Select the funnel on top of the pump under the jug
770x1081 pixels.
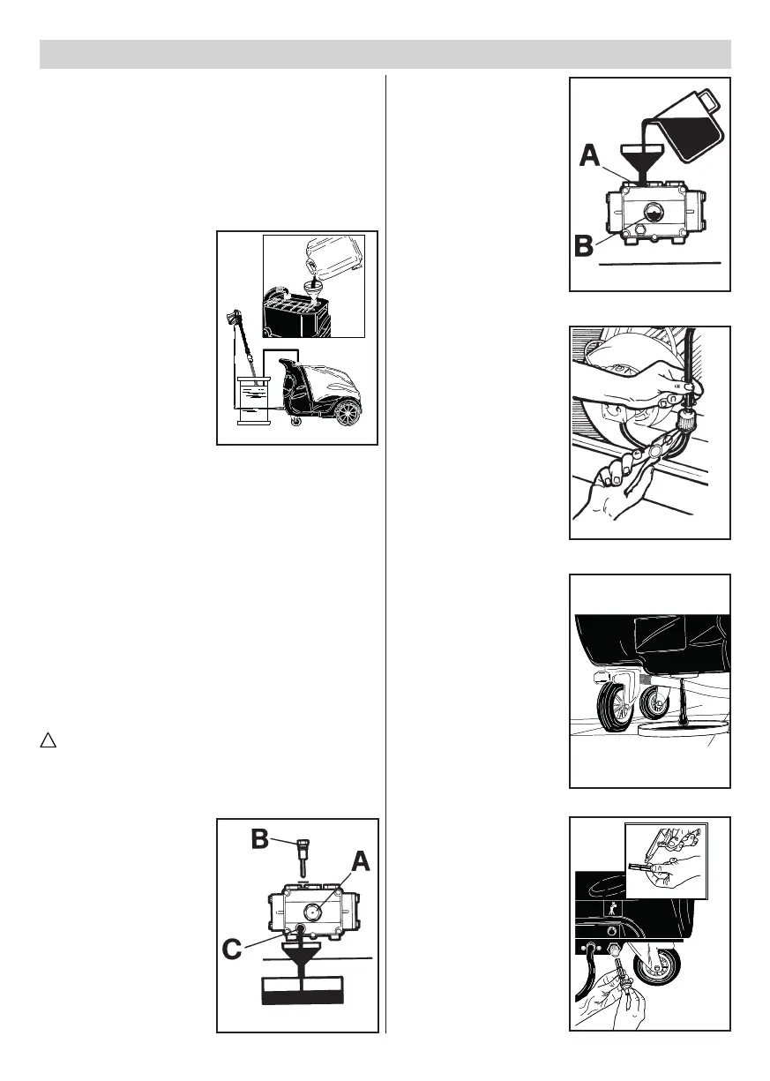(642, 159)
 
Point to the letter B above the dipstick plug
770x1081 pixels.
(261, 839)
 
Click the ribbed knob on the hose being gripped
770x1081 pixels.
(684, 435)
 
